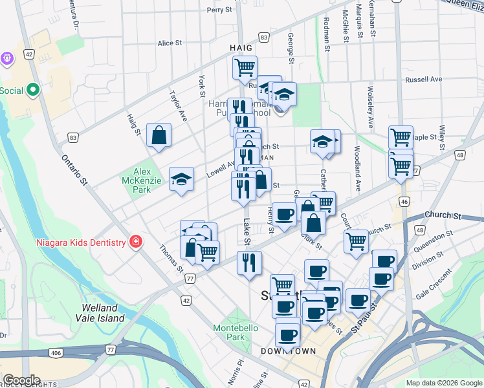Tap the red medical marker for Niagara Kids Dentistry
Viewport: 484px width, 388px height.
click(135, 242)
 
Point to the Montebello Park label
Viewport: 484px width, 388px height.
click(236, 332)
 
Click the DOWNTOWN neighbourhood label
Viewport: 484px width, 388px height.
click(289, 351)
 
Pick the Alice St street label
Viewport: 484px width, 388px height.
click(170, 43)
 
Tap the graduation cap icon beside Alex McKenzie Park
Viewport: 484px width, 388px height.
click(182, 178)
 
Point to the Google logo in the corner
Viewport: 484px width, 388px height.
click(21, 380)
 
